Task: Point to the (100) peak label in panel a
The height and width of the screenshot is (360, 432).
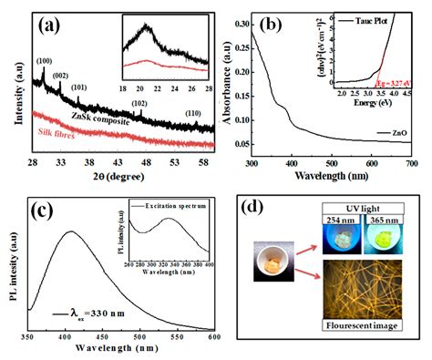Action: pos(44,61)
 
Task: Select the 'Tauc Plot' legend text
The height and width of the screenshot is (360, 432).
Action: pos(382,19)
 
